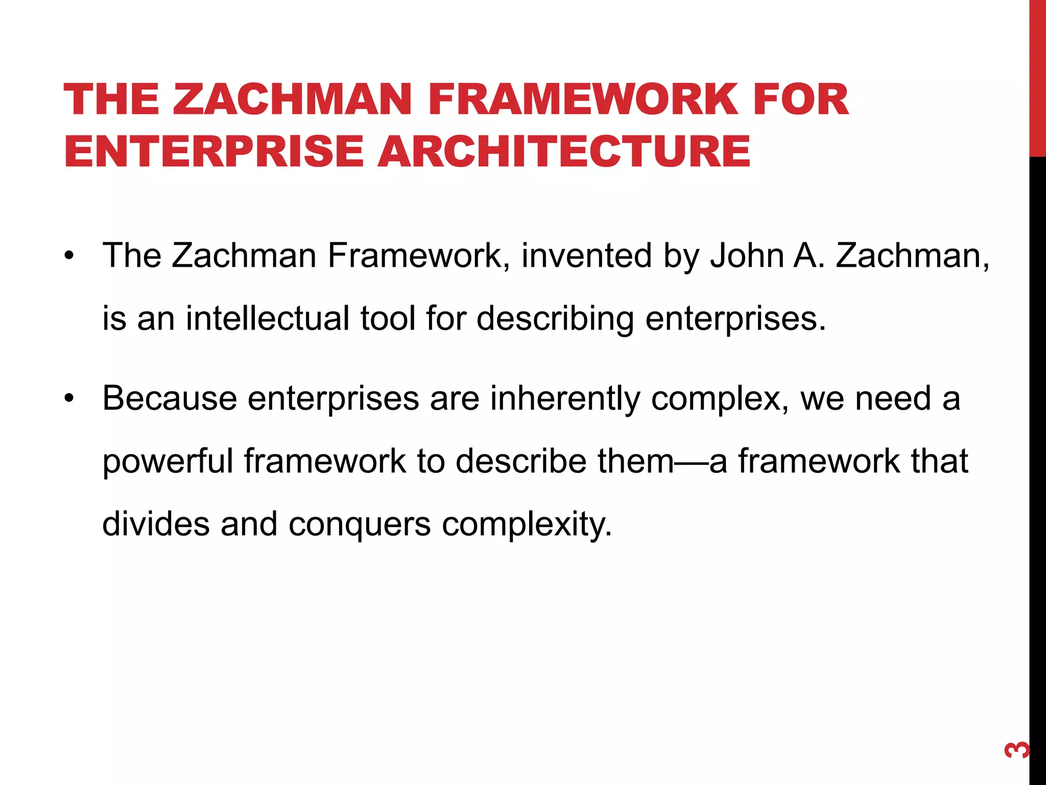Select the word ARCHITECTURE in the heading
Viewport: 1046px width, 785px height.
click(x=564, y=151)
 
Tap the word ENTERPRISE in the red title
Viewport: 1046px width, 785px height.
click(x=213, y=151)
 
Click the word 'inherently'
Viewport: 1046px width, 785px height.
click(x=565, y=399)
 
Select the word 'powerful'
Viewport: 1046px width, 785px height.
click(x=168, y=461)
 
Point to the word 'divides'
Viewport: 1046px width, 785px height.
click(x=156, y=524)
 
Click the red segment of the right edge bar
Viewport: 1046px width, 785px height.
click(x=1037, y=77)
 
